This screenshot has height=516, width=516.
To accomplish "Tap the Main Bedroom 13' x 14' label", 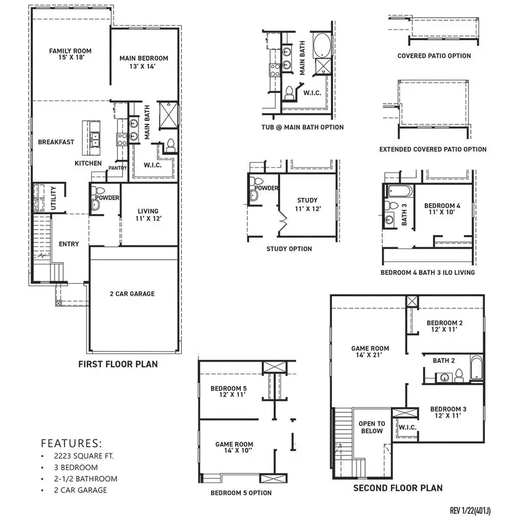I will [x=143, y=62].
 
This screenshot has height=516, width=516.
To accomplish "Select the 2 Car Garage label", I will [x=132, y=294].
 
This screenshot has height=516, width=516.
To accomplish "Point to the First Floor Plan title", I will [x=118, y=364].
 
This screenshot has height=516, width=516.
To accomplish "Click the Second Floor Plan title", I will [x=397, y=488].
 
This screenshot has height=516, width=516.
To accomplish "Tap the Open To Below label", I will [x=372, y=428].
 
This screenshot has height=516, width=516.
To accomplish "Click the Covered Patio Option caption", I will [x=434, y=56].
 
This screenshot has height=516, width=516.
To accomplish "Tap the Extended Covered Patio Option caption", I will [x=433, y=150].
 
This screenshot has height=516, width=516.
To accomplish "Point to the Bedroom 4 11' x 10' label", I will [x=441, y=209].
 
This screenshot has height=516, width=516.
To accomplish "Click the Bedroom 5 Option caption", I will [x=241, y=493].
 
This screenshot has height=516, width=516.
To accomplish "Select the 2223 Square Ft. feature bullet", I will [x=77, y=456].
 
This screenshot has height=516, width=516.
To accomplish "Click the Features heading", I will [x=72, y=443].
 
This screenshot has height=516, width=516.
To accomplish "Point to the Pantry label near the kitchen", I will [x=118, y=168].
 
